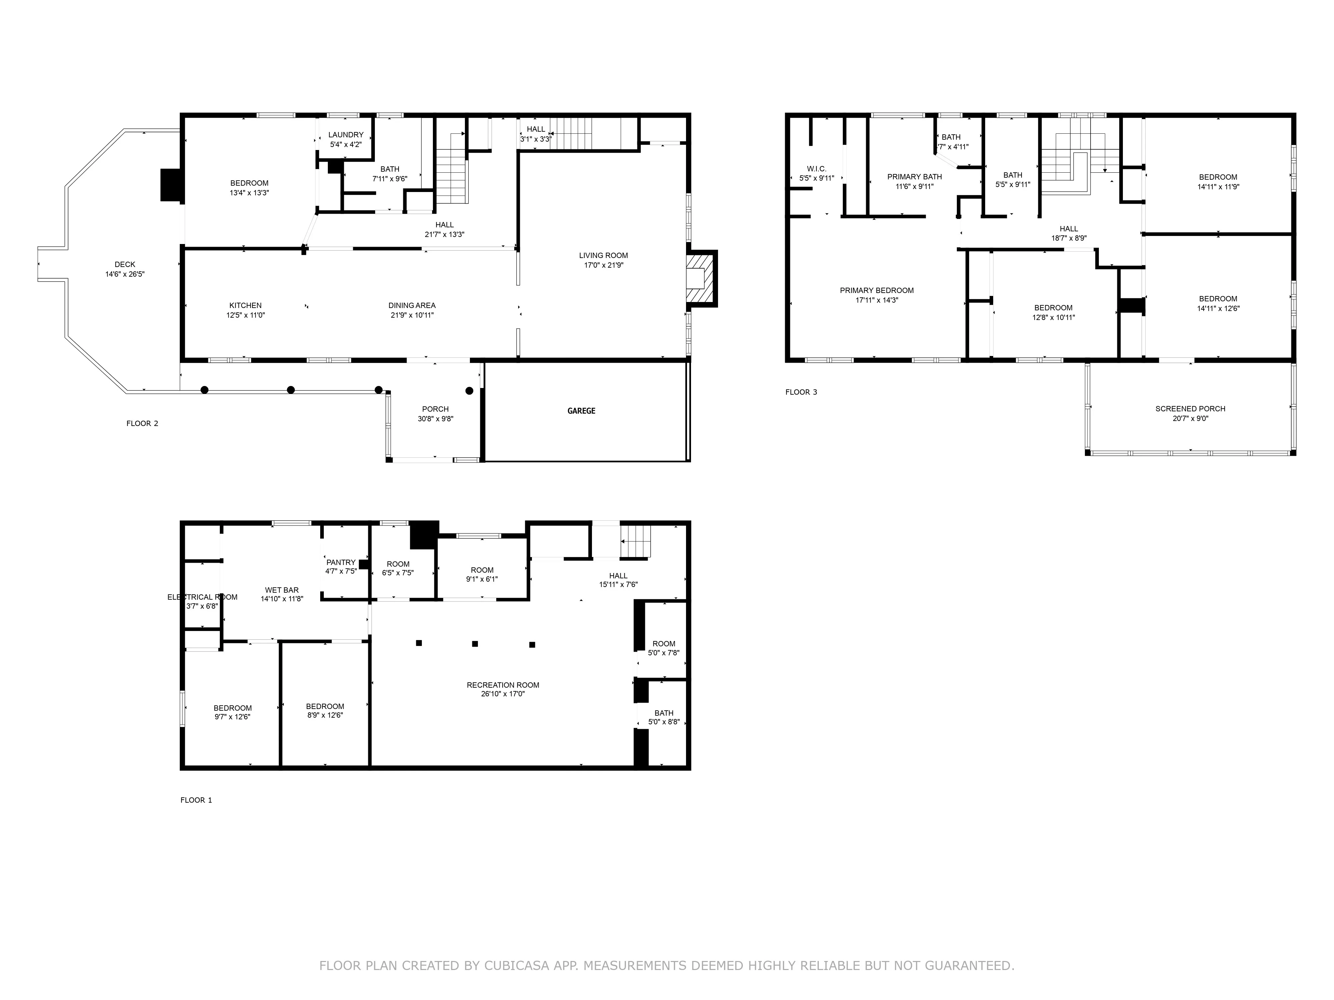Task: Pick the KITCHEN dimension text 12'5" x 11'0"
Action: click(x=245, y=315)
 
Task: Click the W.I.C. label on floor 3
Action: click(x=816, y=169)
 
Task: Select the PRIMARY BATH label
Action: click(x=914, y=177)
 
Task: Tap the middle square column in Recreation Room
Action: click(x=475, y=644)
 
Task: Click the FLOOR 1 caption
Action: click(x=196, y=800)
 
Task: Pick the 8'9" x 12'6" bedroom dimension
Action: click(x=325, y=715)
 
